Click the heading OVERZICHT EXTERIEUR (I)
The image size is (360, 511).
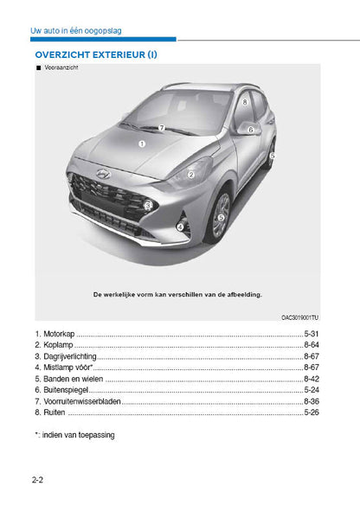pyautogui.click(x=96, y=54)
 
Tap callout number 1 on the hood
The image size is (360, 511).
pyautogui.click(x=141, y=144)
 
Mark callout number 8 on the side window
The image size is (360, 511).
pyautogui.click(x=246, y=101)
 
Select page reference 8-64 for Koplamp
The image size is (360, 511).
pyautogui.click(x=312, y=345)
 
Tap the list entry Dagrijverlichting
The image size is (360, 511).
pyautogui.click(x=69, y=356)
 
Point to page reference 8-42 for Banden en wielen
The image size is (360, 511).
pyautogui.click(x=312, y=379)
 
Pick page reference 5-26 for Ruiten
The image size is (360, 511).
pyautogui.click(x=312, y=412)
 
